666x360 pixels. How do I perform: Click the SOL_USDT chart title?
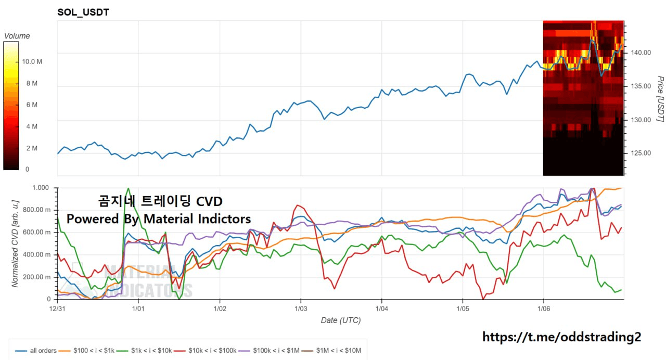(x=83, y=12)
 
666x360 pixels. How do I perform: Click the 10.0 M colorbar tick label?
(x=32, y=61)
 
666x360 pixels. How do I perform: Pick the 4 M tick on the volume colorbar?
(x=31, y=126)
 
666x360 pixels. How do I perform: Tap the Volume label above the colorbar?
(x=17, y=36)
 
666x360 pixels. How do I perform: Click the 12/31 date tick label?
(x=57, y=308)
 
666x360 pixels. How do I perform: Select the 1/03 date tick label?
(x=300, y=308)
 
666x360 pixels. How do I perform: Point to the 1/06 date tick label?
(x=544, y=308)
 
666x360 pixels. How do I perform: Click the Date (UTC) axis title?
(x=340, y=320)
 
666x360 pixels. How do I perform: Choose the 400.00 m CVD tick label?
(x=36, y=254)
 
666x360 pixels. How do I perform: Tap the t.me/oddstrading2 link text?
(x=562, y=337)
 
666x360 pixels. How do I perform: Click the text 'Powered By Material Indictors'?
(x=159, y=219)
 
